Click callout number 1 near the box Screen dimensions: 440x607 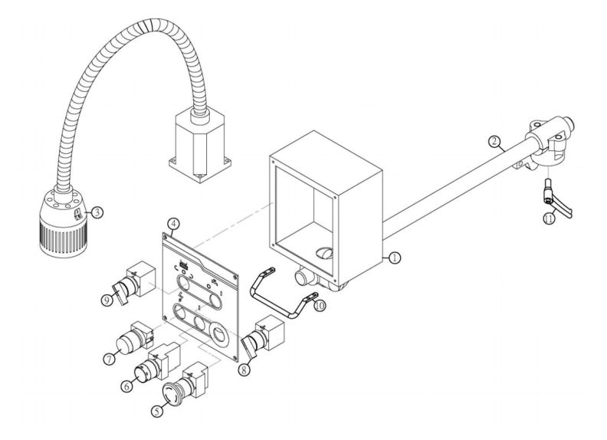click(x=394, y=258)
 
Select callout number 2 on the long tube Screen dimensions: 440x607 click(x=495, y=142)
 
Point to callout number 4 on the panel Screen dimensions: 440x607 click(x=175, y=224)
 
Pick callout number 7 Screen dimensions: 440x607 click(x=109, y=357)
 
